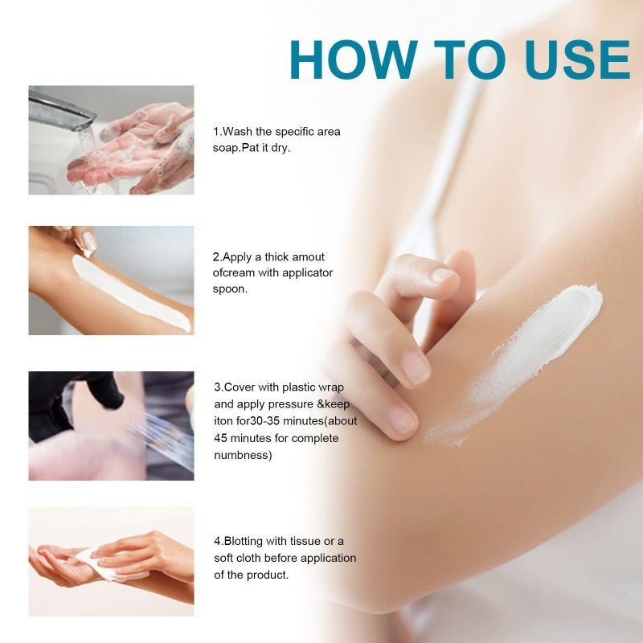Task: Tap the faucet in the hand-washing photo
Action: tap(60, 109)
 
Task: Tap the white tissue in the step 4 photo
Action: tap(104, 563)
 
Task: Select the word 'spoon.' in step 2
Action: tap(231, 289)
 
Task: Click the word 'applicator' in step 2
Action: tap(306, 273)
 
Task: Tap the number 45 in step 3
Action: tap(220, 438)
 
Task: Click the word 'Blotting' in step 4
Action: tap(242, 541)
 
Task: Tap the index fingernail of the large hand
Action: tap(415, 367)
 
